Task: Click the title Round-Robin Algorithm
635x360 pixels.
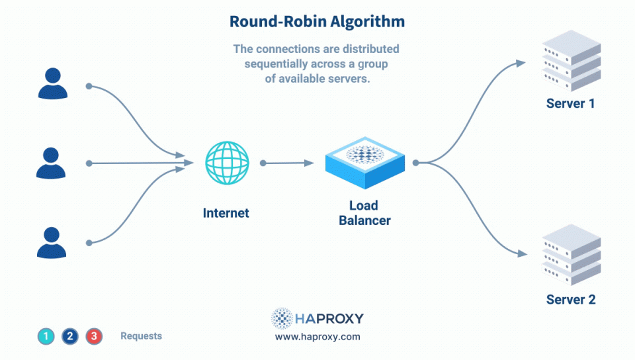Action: [317, 21]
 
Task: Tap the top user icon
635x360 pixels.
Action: [52, 84]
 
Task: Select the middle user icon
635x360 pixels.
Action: [51, 163]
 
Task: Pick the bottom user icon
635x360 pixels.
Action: [51, 242]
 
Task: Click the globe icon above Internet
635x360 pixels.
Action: [227, 162]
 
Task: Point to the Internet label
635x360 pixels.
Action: [226, 213]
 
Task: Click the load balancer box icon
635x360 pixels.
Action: [364, 162]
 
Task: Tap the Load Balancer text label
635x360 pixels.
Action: [364, 213]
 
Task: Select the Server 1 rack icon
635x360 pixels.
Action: [571, 61]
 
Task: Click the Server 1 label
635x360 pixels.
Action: [571, 104]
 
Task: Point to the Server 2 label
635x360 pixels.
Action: [571, 300]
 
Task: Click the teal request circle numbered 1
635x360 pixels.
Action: [46, 336]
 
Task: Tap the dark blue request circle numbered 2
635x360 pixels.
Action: [70, 336]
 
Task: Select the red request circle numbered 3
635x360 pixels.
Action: [94, 336]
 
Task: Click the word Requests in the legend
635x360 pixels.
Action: [141, 336]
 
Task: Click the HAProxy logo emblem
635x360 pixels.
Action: [282, 318]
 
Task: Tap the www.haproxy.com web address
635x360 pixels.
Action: [317, 337]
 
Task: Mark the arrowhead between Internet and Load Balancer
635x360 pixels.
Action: [309, 162]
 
